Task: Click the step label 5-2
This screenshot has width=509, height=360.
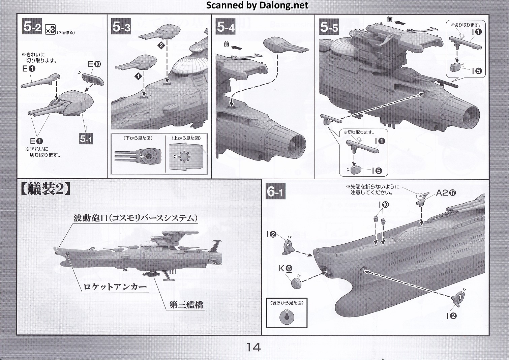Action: [32, 27]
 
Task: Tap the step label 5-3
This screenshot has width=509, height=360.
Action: [121, 27]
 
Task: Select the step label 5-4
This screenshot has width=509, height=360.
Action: [226, 27]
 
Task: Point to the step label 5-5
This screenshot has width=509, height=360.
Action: [328, 27]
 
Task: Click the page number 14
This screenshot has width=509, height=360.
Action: [253, 347]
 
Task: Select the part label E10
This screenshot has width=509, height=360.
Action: [94, 64]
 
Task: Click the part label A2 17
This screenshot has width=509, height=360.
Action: [446, 192]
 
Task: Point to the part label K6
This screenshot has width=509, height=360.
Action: [285, 268]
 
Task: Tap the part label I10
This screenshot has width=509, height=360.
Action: [384, 205]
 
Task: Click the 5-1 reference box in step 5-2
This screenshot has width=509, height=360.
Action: [86, 138]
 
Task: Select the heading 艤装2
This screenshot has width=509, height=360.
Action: [46, 190]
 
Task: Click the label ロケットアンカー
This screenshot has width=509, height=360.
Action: [115, 287]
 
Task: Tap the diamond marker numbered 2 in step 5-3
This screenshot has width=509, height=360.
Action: [161, 46]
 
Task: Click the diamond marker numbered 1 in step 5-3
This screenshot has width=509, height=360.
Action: [138, 77]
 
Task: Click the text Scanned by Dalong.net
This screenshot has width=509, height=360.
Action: [257, 5]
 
